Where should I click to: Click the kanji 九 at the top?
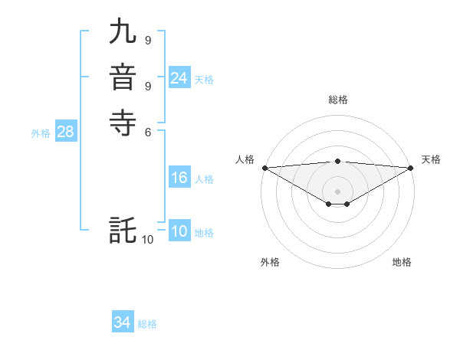pos(123,33)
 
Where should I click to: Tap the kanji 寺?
pos(123,123)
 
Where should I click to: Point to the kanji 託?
pos(123,231)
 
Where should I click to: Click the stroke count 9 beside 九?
pos(147,40)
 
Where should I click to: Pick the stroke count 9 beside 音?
pos(147,85)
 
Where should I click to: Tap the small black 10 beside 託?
pos(148,240)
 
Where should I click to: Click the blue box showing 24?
pos(179,78)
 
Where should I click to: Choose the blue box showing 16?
pos(179,178)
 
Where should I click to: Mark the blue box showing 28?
pos(65,132)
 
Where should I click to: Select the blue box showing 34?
pos(123,323)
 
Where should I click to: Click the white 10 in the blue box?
pos(179,232)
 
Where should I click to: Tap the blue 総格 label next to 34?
pos(147,324)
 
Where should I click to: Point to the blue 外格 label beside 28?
pos(41,133)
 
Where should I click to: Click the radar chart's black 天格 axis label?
pos(431,159)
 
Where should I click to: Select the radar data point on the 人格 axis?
pos(264,168)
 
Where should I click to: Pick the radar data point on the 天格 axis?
pos(411,168)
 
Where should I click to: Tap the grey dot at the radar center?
pos(337,191)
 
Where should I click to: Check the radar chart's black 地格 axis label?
pos(402,263)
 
